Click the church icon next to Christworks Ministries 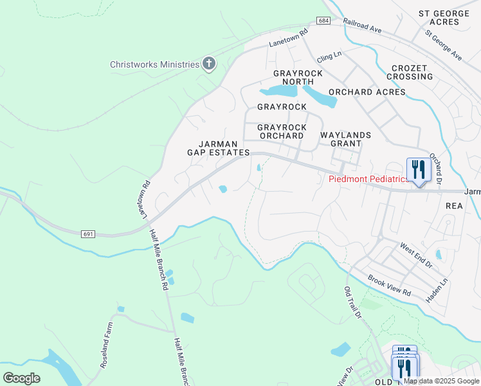[208, 64]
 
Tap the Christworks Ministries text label [154, 64]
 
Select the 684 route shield [323, 21]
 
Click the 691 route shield [89, 234]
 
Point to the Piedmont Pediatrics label [368, 179]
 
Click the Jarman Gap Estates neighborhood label [218, 148]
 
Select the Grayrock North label [298, 78]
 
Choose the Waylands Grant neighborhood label [346, 140]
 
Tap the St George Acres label [448, 17]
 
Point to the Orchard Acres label [368, 92]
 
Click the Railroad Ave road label [363, 26]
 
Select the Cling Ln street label [329, 56]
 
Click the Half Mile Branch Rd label [158, 260]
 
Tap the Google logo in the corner [21, 378]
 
